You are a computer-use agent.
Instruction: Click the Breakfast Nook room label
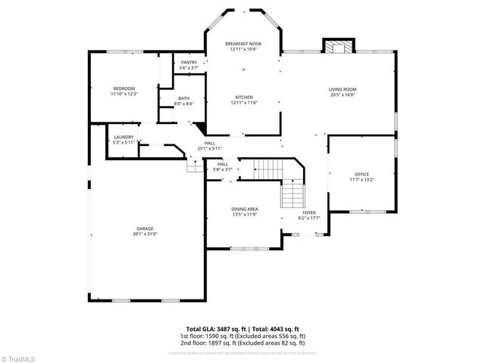(x=242, y=44)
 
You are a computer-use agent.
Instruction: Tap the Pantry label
(x=189, y=62)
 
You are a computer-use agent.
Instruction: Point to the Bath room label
(x=184, y=98)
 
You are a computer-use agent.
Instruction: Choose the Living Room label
(x=342, y=89)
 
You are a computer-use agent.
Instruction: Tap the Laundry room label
(x=123, y=137)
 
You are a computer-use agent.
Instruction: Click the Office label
(x=361, y=174)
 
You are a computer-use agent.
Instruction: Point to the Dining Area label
(x=245, y=208)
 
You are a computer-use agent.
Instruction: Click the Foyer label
(x=309, y=213)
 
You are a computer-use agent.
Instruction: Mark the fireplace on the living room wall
(x=339, y=46)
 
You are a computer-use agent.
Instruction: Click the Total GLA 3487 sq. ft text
(x=208, y=329)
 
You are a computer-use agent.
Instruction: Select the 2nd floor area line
(x=242, y=342)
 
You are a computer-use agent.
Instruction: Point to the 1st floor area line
(x=242, y=335)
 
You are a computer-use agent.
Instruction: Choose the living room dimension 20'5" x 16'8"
(x=342, y=95)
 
